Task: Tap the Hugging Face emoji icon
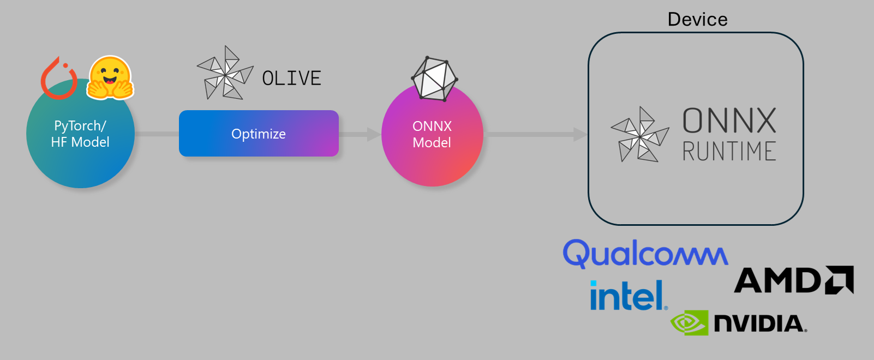click(111, 77)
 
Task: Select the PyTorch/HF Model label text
click(80, 134)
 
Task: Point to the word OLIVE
click(291, 79)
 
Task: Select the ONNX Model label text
click(432, 134)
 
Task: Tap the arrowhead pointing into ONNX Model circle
click(374, 134)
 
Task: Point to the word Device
click(697, 20)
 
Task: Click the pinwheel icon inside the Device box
click(639, 134)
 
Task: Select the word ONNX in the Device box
click(729, 121)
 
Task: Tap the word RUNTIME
click(729, 151)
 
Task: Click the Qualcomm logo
click(645, 254)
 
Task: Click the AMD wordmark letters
click(777, 280)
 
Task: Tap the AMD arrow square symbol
click(840, 280)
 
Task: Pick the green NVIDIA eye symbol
click(689, 323)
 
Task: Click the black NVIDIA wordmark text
click(759, 323)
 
